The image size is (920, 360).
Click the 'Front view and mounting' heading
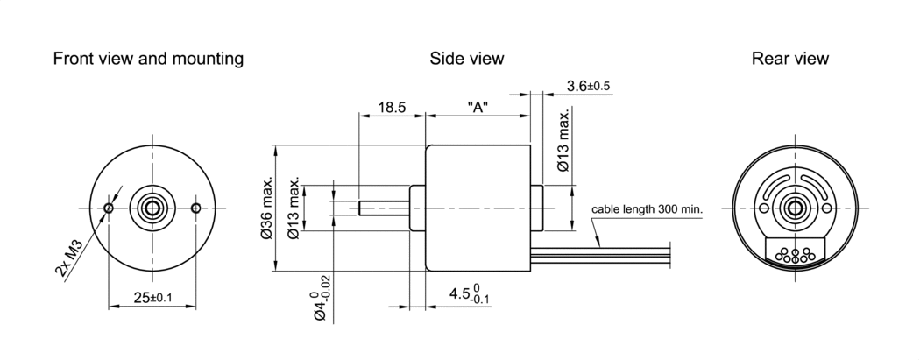pyautogui.click(x=148, y=59)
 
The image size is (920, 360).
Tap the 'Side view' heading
pyautogui.click(x=466, y=59)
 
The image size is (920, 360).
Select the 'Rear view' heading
pyautogui.click(x=789, y=59)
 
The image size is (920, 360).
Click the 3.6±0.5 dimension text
pyautogui.click(x=588, y=86)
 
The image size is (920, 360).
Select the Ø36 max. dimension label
pyautogui.click(x=266, y=208)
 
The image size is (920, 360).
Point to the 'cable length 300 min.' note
pyautogui.click(x=647, y=210)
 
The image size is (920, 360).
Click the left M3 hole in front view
pyautogui.click(x=108, y=208)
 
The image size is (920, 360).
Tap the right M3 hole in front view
pyautogui.click(x=195, y=208)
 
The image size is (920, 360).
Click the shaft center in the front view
pyautogui.click(x=152, y=208)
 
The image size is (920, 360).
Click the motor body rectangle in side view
pyautogui.click(x=478, y=208)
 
